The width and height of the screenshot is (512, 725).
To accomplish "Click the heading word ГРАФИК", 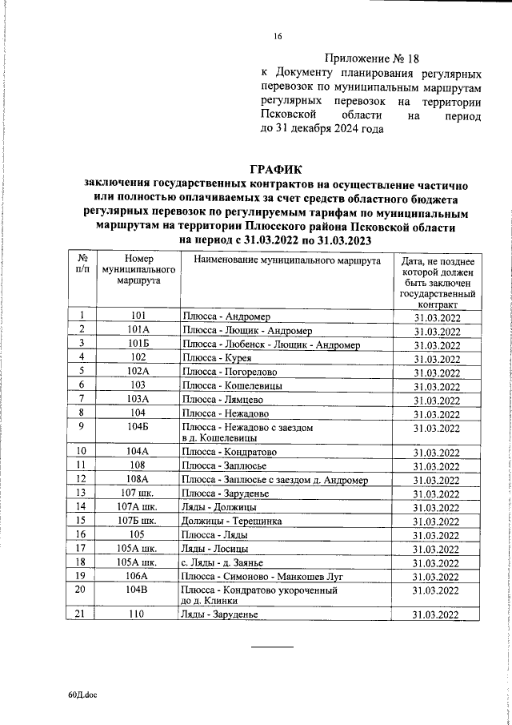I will point(278,169).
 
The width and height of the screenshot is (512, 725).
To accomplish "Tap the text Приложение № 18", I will point(372,58).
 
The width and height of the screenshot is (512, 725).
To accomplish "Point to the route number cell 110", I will point(138,637).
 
